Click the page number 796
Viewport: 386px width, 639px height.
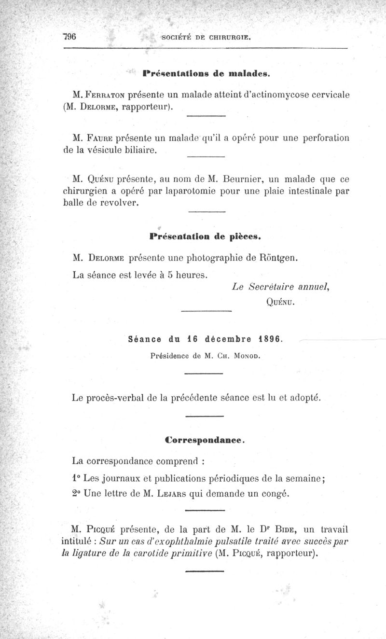pos(70,37)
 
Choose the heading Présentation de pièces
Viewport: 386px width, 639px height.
pos(206,237)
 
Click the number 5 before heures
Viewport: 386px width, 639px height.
pos(170,276)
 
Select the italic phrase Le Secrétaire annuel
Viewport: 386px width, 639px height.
pos(280,287)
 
